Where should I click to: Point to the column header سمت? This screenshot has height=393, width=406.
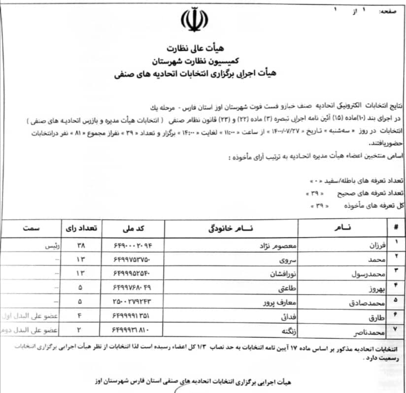point(32,228)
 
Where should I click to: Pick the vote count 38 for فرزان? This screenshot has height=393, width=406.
point(81,245)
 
